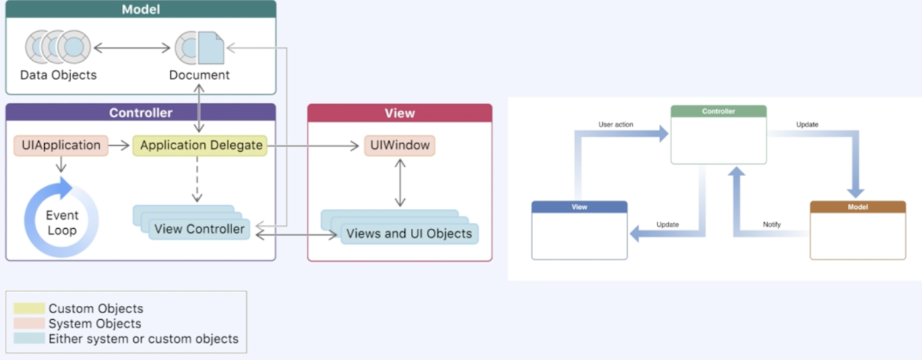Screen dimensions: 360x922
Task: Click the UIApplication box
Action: click(61, 145)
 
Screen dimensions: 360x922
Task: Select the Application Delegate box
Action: click(200, 145)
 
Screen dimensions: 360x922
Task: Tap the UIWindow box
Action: click(399, 145)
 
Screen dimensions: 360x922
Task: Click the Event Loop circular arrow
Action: click(61, 218)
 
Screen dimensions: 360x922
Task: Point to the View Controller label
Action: click(199, 229)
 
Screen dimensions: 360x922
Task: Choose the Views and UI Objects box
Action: click(409, 233)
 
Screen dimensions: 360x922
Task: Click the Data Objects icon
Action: click(58, 47)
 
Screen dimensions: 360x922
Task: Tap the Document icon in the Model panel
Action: click(200, 47)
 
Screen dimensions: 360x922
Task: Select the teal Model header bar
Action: click(140, 9)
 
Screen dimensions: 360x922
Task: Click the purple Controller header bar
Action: click(140, 113)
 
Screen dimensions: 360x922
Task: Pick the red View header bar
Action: click(400, 113)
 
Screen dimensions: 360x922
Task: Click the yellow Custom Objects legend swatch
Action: click(29, 309)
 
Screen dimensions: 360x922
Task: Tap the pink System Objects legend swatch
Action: click(29, 324)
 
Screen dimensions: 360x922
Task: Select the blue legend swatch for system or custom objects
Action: click(29, 339)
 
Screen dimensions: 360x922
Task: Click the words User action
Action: click(615, 125)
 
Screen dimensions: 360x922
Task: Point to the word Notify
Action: click(772, 225)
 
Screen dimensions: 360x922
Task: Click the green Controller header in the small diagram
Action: click(718, 111)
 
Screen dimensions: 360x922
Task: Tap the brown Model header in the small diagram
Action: click(857, 207)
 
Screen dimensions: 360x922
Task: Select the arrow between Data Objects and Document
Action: click(132, 47)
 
